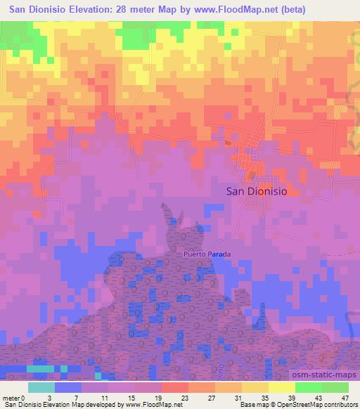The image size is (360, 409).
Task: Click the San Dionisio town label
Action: (x=257, y=190)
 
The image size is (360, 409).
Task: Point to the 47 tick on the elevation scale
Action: (x=345, y=397)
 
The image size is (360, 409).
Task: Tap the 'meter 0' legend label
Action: (x=13, y=397)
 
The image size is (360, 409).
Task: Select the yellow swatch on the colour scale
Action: (x=281, y=387)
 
